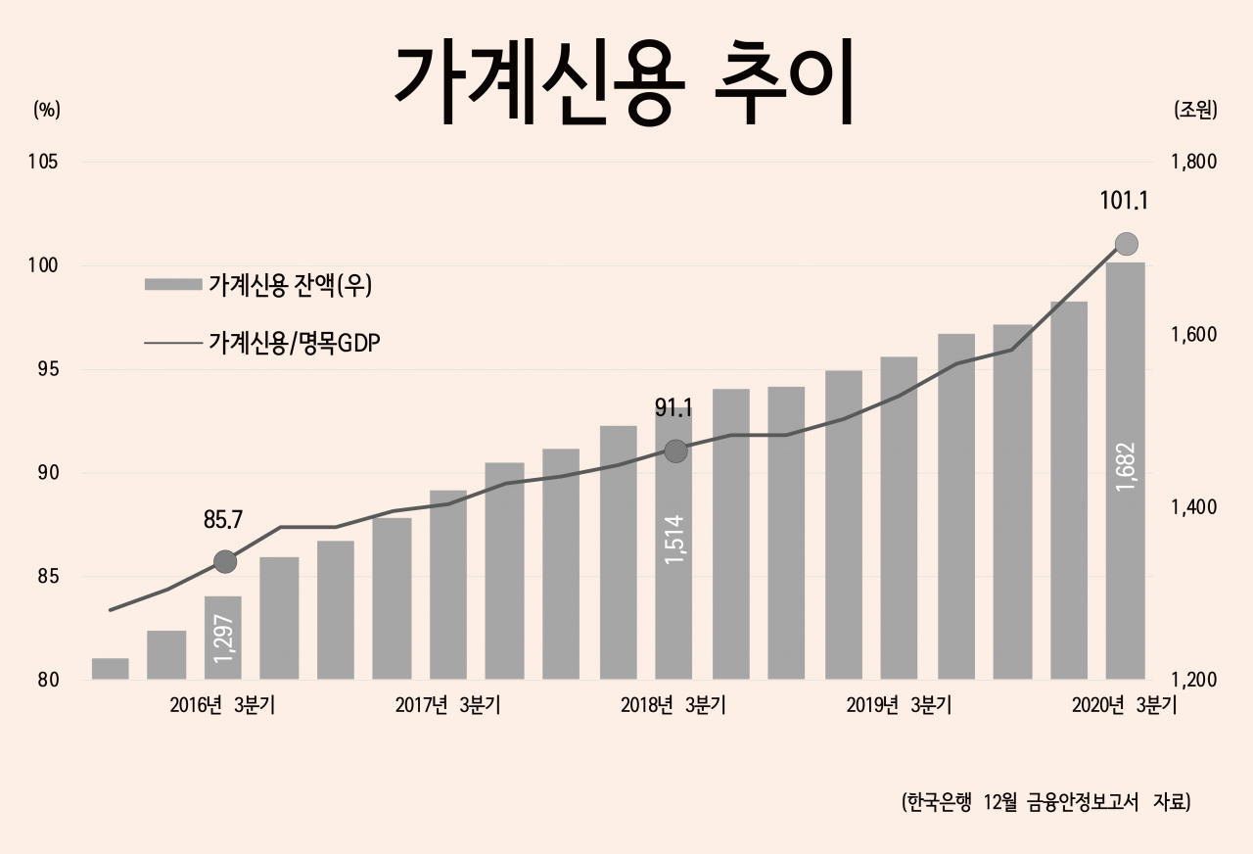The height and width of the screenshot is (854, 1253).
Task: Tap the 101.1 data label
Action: click(x=1124, y=202)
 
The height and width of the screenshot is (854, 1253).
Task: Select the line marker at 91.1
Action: click(x=675, y=451)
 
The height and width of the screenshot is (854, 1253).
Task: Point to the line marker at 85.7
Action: click(x=225, y=561)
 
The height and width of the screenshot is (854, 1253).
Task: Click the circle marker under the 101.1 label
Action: click(x=1126, y=244)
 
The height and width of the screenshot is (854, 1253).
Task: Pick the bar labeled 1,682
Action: click(x=1125, y=470)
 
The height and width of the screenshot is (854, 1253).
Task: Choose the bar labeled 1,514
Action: click(x=673, y=548)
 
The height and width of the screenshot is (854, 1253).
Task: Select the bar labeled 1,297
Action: click(x=223, y=637)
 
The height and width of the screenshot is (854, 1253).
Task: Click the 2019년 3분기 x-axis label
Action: click(x=899, y=706)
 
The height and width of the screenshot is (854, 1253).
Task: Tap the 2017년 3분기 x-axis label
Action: click(x=447, y=706)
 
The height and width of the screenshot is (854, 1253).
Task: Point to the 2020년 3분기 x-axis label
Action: click(x=1124, y=706)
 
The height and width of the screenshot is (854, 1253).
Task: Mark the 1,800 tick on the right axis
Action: click(x=1191, y=163)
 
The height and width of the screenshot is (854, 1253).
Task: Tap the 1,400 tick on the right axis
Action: click(x=1191, y=507)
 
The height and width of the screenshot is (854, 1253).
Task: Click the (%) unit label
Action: click(x=47, y=110)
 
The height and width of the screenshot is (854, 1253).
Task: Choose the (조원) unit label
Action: click(x=1194, y=110)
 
